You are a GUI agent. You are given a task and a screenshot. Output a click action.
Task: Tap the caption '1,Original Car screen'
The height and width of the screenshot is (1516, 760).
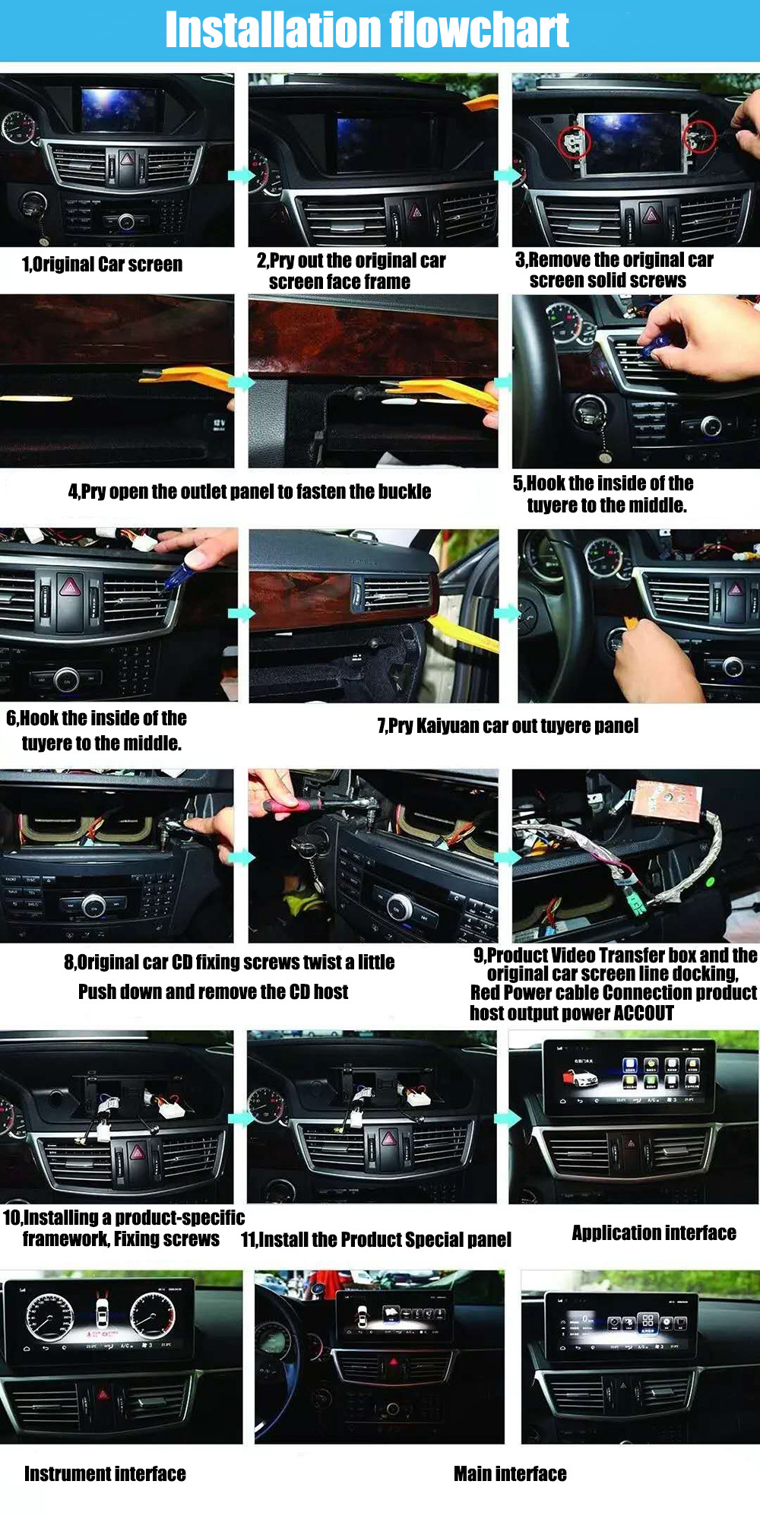coord(102,265)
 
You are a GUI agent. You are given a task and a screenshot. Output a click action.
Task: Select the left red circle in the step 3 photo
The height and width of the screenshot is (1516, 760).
coord(574,141)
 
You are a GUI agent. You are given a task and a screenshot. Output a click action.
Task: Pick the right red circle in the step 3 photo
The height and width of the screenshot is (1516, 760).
coord(698,137)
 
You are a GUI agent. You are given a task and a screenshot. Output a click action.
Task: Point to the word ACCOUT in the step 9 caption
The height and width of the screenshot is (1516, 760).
coord(644,1013)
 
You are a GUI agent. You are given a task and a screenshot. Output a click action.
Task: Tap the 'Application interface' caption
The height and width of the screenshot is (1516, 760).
coord(654,1232)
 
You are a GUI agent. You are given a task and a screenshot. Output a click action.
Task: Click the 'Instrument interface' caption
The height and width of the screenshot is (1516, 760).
coord(105,1474)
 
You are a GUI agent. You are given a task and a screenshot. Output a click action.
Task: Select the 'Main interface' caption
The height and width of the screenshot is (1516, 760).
coord(510,1474)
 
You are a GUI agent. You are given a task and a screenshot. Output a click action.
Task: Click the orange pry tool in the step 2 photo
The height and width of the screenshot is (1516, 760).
coord(481,103)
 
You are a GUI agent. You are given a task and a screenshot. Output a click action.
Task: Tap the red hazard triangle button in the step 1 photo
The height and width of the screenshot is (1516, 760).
coord(127,159)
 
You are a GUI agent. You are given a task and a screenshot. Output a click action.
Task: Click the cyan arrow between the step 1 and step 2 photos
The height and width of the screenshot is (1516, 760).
coord(241,175)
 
